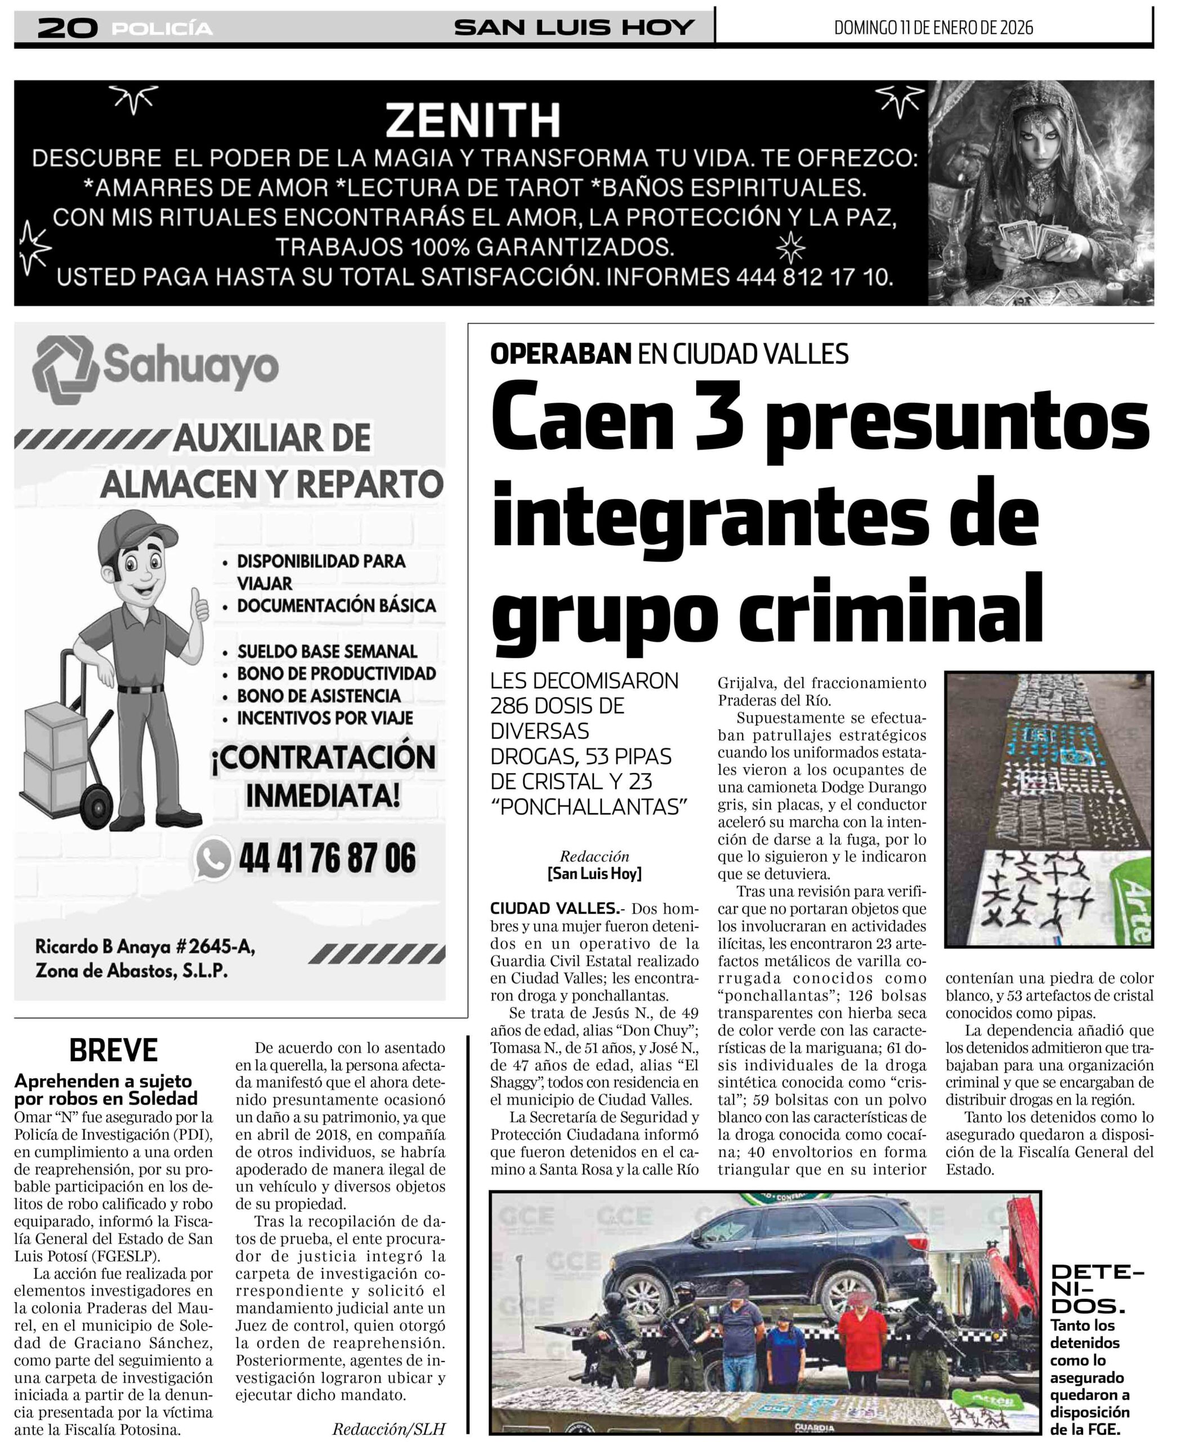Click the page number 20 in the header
66,28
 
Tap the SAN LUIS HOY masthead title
574,28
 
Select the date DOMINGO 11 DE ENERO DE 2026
933,28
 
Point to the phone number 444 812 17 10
814,277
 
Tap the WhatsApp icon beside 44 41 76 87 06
213,858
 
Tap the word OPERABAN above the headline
560,354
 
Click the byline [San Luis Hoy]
594,874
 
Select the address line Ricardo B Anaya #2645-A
145,947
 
